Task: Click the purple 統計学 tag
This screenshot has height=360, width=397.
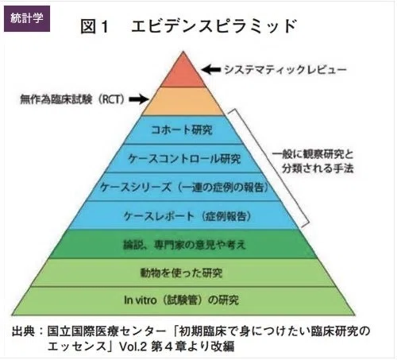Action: pyautogui.click(x=27, y=18)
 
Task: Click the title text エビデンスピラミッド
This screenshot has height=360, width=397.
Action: pyautogui.click(x=214, y=26)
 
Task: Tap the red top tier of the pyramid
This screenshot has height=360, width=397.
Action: pyautogui.click(x=183, y=71)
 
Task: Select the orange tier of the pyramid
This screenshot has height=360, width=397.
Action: pyautogui.click(x=183, y=102)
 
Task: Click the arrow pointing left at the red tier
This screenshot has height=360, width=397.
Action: pyautogui.click(x=211, y=70)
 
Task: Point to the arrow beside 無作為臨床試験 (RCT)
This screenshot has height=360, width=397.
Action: pyautogui.click(x=139, y=99)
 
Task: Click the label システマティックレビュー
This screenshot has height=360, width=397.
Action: pyautogui.click(x=285, y=70)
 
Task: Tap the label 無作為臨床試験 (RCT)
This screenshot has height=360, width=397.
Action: pyautogui.click(x=72, y=99)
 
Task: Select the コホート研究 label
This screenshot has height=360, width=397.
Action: pyautogui.click(x=182, y=130)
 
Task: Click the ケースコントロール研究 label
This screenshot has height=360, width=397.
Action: pyautogui.click(x=184, y=159)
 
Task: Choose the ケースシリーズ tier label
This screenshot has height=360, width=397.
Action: pyautogui.click(x=184, y=188)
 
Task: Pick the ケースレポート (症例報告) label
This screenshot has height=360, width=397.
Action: pyautogui.click(x=187, y=216)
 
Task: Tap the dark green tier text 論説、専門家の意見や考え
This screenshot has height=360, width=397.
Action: pyautogui.click(x=184, y=245)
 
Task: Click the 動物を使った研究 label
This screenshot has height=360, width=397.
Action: pyautogui.click(x=181, y=273)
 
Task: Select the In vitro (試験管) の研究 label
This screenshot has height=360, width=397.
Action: pyautogui.click(x=182, y=300)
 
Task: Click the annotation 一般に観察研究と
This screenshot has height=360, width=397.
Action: pyautogui.click(x=313, y=154)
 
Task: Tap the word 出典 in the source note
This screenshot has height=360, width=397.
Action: pyautogui.click(x=23, y=331)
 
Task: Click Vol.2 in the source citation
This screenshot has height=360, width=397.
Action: pyautogui.click(x=133, y=346)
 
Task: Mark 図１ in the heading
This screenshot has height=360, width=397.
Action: pyautogui.click(x=94, y=26)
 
